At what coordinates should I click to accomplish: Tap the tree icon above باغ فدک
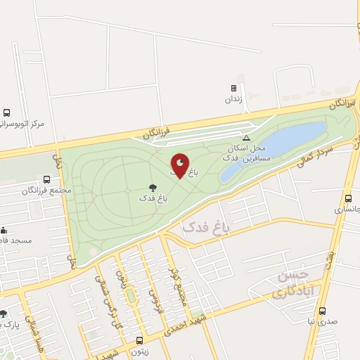tap(153, 188)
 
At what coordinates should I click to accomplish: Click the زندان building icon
tap(233, 89)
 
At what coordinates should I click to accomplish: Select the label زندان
tap(233, 99)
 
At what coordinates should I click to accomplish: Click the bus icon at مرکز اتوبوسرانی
tap(6, 112)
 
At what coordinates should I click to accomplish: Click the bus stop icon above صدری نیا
tap(323, 310)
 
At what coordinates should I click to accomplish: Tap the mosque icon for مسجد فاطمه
tap(4, 229)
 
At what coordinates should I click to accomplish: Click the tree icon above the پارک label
tap(4, 314)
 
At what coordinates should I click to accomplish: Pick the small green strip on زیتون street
tap(130, 296)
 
